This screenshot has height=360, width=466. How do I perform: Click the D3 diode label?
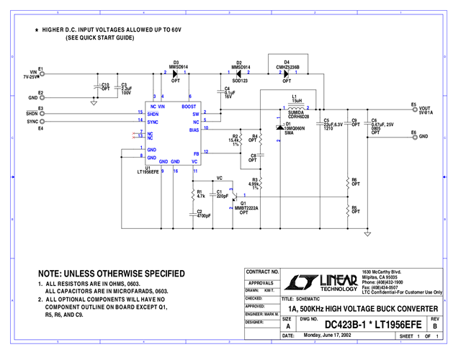coord(176,62)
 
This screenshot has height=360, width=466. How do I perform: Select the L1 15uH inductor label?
coord(293,97)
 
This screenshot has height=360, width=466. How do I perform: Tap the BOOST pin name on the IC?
coord(189,107)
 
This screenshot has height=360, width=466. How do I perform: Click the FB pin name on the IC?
coord(195,153)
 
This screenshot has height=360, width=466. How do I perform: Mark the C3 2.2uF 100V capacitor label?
coord(126,89)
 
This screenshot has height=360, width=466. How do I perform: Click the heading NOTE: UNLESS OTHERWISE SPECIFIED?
coord(111,274)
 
